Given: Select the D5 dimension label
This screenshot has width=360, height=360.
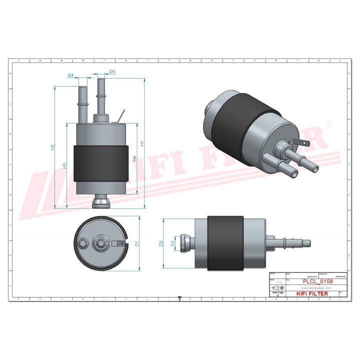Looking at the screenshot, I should coord(112,72).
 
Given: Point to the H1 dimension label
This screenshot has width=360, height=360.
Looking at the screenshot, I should coord(142,143).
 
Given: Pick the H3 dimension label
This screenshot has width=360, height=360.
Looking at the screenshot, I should coord(64,165).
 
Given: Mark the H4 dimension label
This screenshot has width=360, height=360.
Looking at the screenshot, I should coord(134,158).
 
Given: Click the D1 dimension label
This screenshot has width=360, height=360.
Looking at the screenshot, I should coord(136,243).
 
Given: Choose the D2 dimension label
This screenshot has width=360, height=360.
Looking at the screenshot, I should coord(161,243).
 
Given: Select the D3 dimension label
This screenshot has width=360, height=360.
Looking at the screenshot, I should coord(172,243).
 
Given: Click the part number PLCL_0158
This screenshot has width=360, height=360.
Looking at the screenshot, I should coord(318,282).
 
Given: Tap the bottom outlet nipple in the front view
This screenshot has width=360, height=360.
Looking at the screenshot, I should coord(100,203).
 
